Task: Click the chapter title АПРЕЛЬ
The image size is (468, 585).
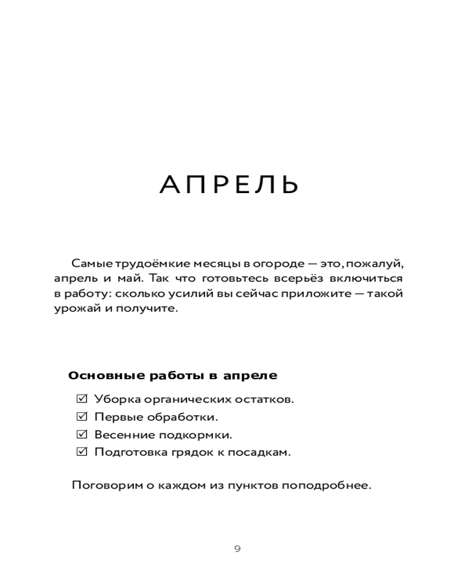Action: [x=229, y=185]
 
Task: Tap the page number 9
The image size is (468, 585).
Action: [x=237, y=549]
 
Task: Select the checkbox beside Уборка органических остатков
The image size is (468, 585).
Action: [x=82, y=399]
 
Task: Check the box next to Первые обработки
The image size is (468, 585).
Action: [x=82, y=417]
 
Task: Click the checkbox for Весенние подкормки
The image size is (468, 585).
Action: [x=82, y=435]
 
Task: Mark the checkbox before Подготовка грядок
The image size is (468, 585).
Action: [x=82, y=452]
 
